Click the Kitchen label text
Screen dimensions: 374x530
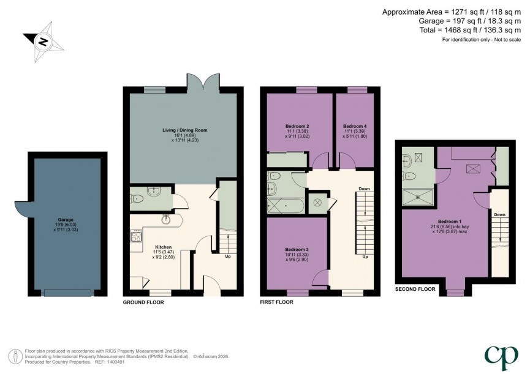click(x=163, y=247)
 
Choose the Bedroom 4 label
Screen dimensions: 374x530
click(x=354, y=126)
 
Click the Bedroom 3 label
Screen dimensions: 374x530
click(x=297, y=250)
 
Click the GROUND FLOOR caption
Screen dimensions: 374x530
click(x=143, y=302)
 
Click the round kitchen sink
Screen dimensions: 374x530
click(x=166, y=218)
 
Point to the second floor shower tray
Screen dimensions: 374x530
click(x=417, y=196)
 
